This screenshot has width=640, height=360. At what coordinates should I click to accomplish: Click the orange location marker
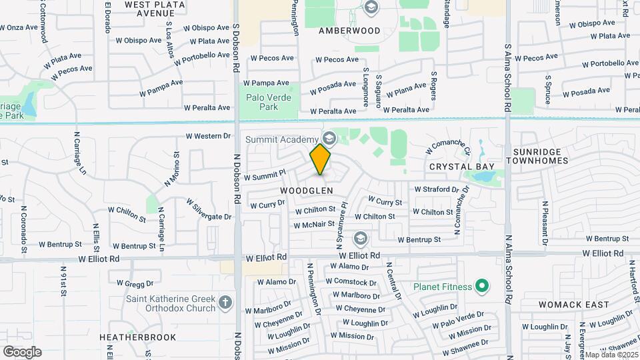pos(321,159)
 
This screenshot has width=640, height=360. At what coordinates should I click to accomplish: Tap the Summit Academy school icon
pos(329,139)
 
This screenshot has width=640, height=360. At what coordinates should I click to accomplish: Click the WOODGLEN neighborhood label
pos(306,191)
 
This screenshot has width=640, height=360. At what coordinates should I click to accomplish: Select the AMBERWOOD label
pos(349,31)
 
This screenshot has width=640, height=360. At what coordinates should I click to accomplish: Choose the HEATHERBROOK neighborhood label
pos(138,337)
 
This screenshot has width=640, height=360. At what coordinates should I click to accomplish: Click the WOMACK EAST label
pos(574,305)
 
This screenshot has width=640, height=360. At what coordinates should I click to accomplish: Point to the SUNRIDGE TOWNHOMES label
pos(546,157)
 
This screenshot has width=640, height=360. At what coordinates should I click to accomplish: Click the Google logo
pos(22,351)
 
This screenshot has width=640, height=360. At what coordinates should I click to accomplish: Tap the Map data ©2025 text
pos(611,355)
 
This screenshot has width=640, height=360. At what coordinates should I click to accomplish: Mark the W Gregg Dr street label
pos(135,283)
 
